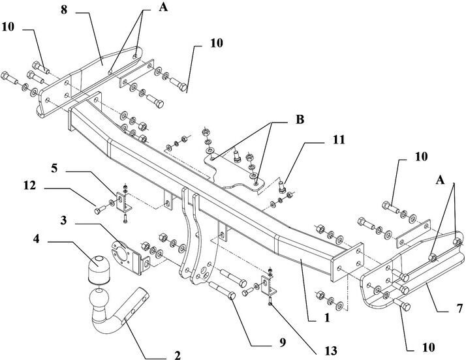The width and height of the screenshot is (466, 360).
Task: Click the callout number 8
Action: pos(64,10)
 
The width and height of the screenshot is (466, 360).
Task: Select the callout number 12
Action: pos(30,185)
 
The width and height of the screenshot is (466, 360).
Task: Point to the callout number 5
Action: pos(54,168)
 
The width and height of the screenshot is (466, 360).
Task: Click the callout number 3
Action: pos(63,220)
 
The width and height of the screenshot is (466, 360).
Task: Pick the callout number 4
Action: pos(36,239)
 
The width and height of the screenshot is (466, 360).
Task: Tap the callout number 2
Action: pos(177,355)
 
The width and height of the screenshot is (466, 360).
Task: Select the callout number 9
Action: pos(282,342)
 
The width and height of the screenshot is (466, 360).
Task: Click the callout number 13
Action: pos(331,351)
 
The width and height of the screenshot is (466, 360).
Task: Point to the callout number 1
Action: pos(327,318)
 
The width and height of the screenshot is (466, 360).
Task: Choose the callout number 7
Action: pos(459,308)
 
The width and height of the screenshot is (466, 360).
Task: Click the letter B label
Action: pos(300,119)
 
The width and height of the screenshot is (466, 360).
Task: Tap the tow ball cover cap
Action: pos(99,269)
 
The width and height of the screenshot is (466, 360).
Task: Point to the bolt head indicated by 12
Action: pos(97,211)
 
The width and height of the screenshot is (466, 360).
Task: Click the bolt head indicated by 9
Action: pos(232,295)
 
